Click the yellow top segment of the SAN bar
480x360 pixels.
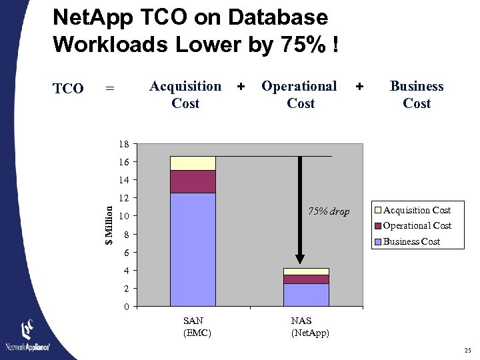tap(193, 163)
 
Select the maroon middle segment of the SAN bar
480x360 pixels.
tap(193, 181)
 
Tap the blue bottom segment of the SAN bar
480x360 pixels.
tap(193, 249)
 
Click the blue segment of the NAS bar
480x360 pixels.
tap(306, 295)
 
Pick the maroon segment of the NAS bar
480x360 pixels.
tap(306, 279)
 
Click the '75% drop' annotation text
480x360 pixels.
tap(328, 212)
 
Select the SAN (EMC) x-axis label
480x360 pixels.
tap(197, 327)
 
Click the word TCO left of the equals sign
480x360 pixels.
tap(68, 89)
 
